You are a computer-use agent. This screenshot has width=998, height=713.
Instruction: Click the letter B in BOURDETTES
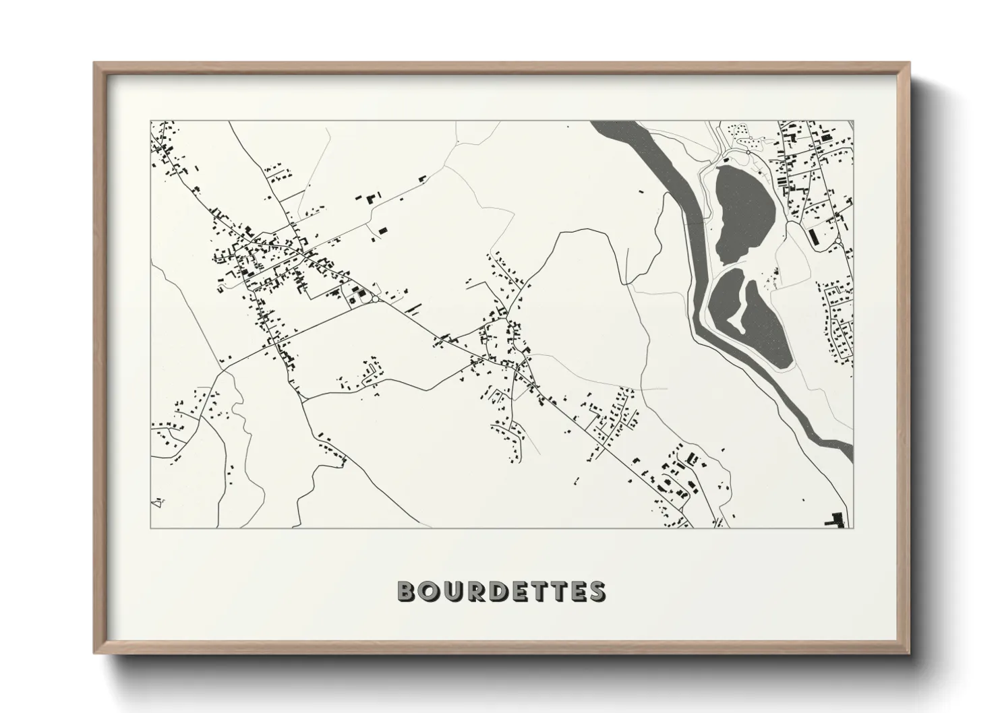[x=407, y=592]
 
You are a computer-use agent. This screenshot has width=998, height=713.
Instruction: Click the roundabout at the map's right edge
[x=837, y=241]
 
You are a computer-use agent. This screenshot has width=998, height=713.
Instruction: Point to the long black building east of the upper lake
[x=813, y=236]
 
